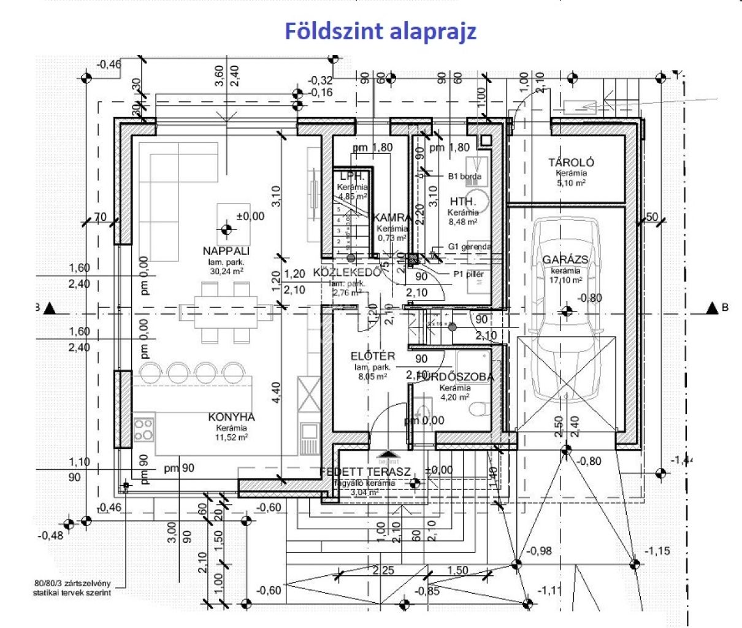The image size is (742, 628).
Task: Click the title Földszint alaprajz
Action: point(380,31)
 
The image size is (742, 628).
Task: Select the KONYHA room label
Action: point(231,417)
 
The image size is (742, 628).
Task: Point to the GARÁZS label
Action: point(565,259)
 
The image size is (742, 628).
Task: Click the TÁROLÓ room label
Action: point(571,163)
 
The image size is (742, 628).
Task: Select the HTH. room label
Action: point(463,201)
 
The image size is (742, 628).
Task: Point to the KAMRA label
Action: point(392,218)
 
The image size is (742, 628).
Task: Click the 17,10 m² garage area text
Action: point(565,280)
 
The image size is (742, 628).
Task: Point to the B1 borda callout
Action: point(464,176)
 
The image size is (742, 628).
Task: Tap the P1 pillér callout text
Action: point(469,274)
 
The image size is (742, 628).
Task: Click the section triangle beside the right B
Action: point(712,308)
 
